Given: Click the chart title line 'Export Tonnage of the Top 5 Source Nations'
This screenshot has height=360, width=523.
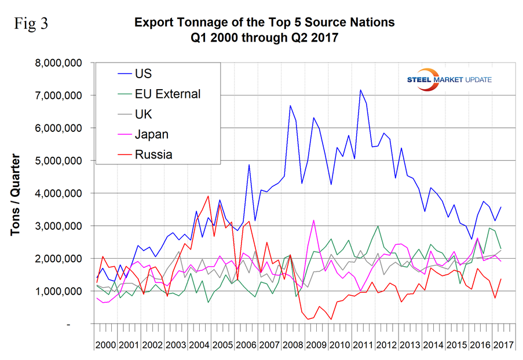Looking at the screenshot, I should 264,23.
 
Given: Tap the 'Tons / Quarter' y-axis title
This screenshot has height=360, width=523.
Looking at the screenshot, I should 15,194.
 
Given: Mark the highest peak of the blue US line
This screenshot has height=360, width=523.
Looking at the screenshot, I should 360,90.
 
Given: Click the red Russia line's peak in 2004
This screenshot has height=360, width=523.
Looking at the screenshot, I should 208,196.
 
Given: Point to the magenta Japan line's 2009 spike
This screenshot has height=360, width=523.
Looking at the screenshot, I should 313,220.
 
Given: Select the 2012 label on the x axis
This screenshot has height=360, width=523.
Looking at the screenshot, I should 385,346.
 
